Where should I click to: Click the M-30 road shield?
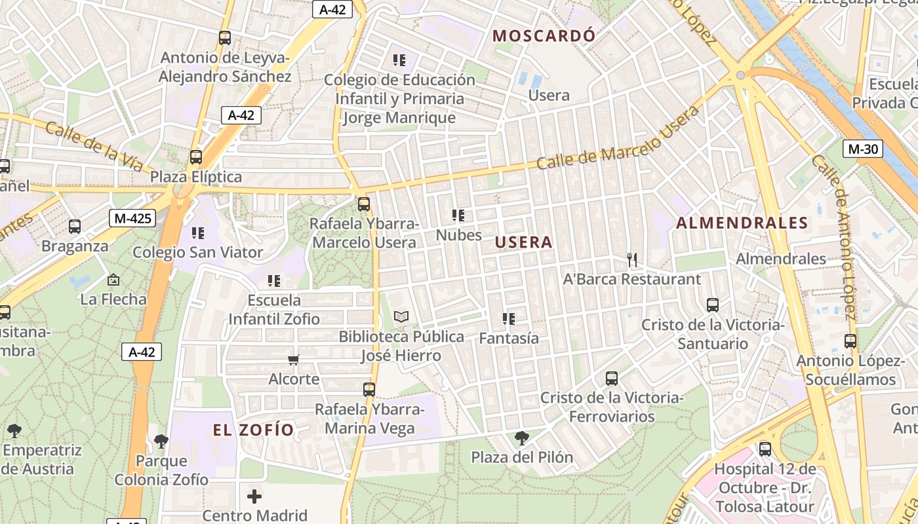pos(862,149)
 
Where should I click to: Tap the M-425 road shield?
pos(132,218)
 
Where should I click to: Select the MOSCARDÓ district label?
pos(544,36)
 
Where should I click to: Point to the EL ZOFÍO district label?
pos(253,430)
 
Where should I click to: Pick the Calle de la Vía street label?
pos(94,145)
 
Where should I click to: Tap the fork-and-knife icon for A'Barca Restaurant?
pos(632,260)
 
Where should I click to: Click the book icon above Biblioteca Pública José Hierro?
pos(401,317)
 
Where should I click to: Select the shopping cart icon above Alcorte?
pos(294,360)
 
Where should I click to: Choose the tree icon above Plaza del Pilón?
pos(522,438)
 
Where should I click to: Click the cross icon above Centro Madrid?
pos(254,496)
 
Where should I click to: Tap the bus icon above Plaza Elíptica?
pos(196,157)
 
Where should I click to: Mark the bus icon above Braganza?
pos(75,227)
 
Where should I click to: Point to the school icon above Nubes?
pos(458,215)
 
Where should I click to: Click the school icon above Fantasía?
pos(509,319)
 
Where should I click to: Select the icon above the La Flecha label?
pos(113,280)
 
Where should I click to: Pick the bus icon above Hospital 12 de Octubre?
pos(765,449)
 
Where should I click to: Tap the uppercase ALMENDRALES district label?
pos(742,223)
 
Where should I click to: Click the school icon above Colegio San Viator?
pos(197,233)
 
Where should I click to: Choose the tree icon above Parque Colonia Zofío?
pos(161,441)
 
